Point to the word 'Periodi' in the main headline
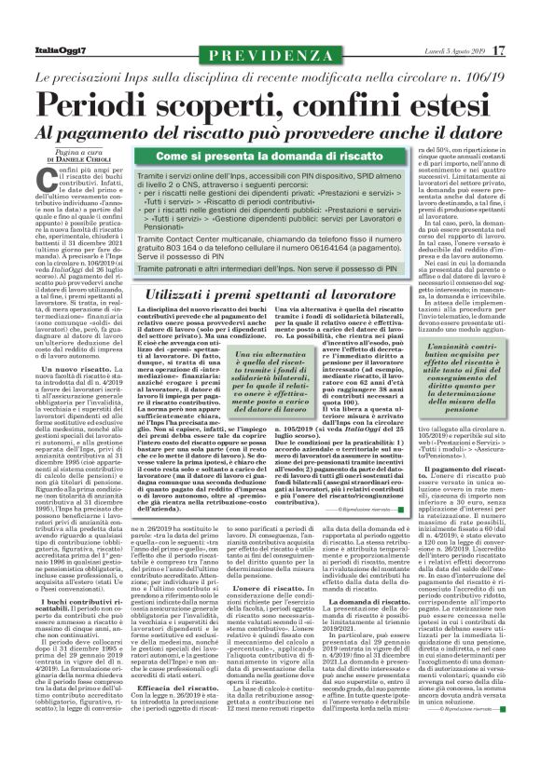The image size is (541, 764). (97, 102)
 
